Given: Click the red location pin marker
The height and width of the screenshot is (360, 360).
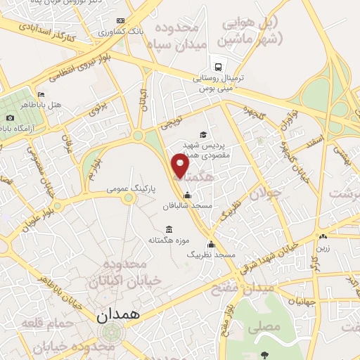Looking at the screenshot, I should coord(181,167).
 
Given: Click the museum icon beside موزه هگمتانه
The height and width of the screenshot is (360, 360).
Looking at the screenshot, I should coord(169,230).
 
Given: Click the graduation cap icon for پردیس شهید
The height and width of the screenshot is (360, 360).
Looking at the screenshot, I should coord(203,134).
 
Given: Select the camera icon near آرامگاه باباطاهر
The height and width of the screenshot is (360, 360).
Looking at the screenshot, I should coord(10,117).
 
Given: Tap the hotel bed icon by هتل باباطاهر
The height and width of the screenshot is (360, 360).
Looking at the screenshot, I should coord(41,94).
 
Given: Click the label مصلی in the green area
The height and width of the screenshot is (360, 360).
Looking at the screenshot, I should coord(270,327).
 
